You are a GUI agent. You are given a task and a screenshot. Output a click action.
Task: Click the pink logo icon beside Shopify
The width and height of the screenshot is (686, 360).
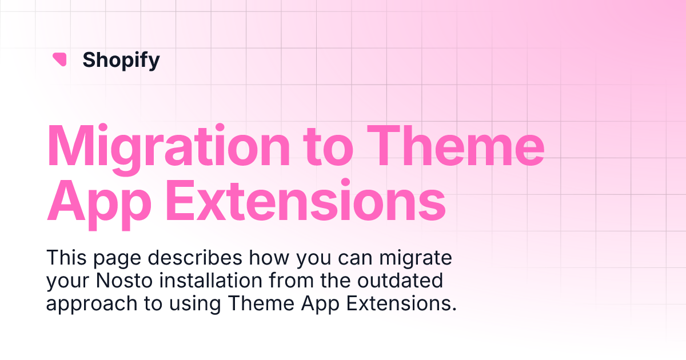(x=59, y=59)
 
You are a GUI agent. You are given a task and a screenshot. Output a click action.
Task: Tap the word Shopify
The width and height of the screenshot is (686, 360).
(x=121, y=59)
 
